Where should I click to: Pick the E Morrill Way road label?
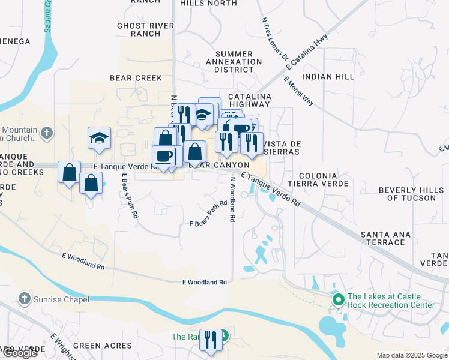[x=299, y=91]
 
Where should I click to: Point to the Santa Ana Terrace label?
[x=382, y=238]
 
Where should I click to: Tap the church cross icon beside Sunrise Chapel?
[x=24, y=298]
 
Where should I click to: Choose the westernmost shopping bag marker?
[x=70, y=172]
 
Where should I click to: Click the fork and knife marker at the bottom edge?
[x=210, y=340]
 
